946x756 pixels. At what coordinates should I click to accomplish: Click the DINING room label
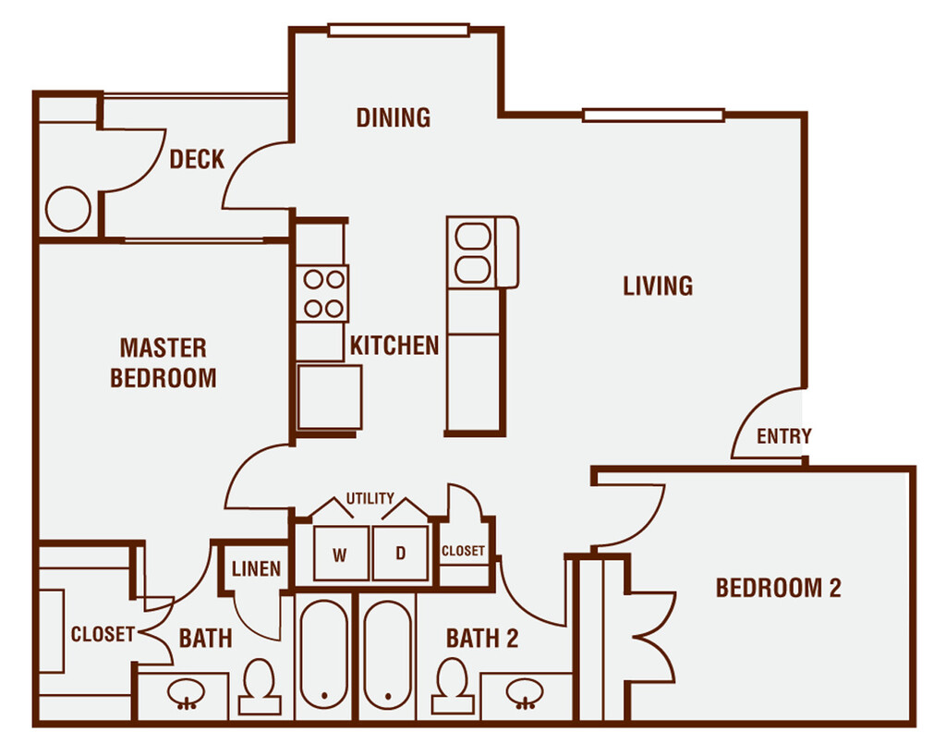394,117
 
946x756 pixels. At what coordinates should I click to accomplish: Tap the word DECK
197,159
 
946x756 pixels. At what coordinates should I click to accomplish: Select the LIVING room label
658,286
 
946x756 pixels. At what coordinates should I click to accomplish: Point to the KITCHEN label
394,346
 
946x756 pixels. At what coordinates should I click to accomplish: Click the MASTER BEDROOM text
164,362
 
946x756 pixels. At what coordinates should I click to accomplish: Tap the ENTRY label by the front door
784,436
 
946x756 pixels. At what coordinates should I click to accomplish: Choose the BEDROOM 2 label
778,588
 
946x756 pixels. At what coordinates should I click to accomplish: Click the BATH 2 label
482,638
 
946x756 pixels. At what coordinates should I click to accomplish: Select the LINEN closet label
256,569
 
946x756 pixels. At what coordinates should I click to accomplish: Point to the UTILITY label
370,498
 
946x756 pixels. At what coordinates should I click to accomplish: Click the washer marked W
340,555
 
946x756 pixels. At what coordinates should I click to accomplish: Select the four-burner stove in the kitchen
322,293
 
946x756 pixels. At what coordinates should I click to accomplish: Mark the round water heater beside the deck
68,210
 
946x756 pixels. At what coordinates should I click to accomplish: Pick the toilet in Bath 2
453,687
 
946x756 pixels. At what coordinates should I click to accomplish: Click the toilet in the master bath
260,687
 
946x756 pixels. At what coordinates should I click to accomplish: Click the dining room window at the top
400,30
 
